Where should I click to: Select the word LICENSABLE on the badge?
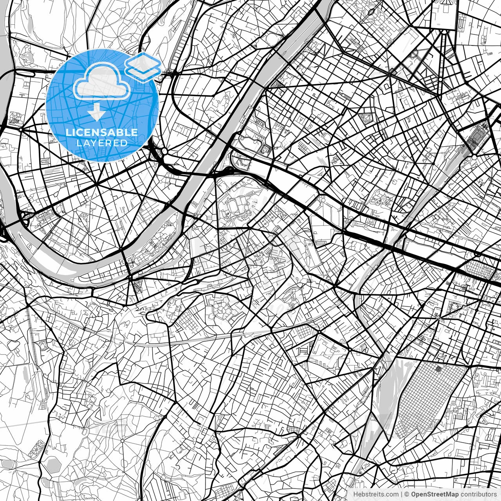[102, 133]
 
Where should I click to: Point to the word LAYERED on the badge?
[102, 143]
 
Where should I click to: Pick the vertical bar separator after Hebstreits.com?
[401, 494]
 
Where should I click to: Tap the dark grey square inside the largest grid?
[438, 369]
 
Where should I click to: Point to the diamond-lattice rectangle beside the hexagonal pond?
[38, 447]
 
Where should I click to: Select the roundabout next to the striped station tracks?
[474, 157]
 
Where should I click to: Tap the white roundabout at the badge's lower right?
[165, 151]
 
